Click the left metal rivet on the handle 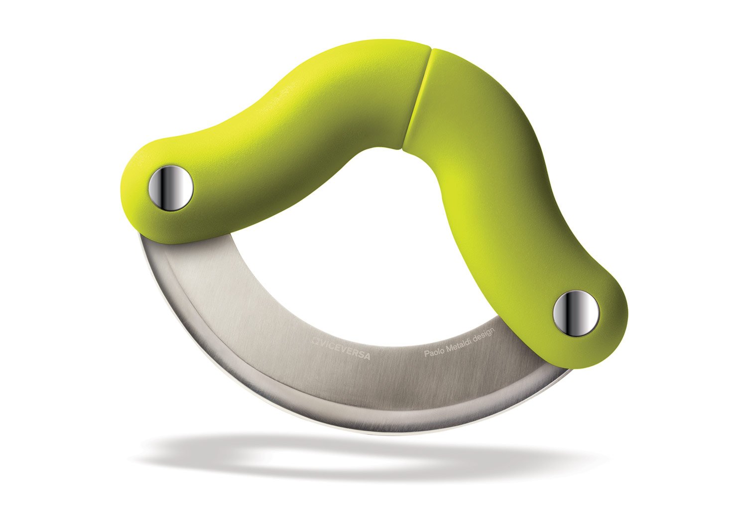pyautogui.click(x=171, y=188)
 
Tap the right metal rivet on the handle pyautogui.click(x=576, y=312)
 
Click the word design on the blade pyautogui.click(x=483, y=335)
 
